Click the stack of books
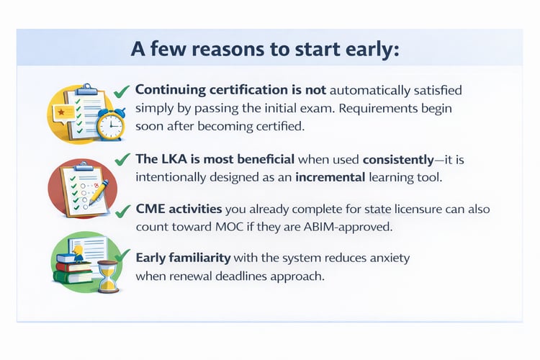click(x=73, y=269)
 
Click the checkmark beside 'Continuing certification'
click(x=122, y=91)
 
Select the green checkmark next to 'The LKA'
click(x=123, y=158)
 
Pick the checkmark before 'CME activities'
click(x=123, y=210)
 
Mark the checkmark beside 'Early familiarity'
click(x=123, y=256)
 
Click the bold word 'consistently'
click(x=400, y=158)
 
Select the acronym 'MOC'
click(x=233, y=226)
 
